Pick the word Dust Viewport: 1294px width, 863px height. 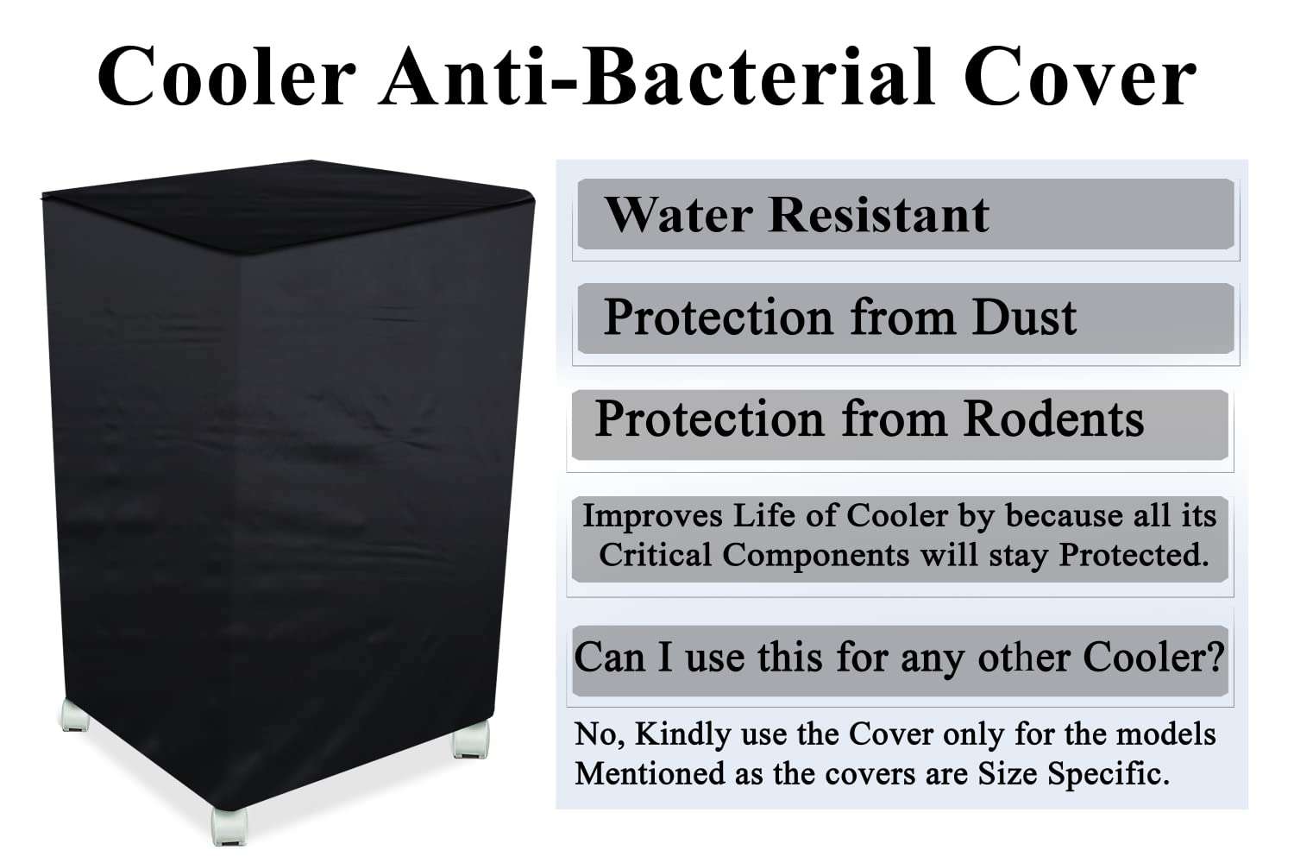pyautogui.click(x=1024, y=317)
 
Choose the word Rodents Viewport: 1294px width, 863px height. pyautogui.click(x=1053, y=419)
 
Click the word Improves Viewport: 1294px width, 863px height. pyautogui.click(x=652, y=516)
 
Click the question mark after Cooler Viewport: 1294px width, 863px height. pyautogui.click(x=1215, y=657)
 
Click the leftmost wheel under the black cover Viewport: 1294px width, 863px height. pyautogui.click(x=74, y=717)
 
